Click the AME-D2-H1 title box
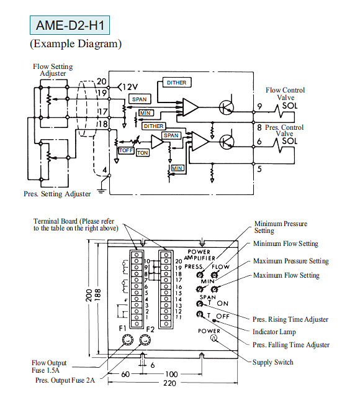tap(70, 25)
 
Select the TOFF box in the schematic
tap(126, 150)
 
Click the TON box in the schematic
tap(143, 153)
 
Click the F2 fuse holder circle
tap(145, 340)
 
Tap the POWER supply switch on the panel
tap(214, 337)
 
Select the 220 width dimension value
tap(169, 383)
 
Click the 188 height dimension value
tap(97, 295)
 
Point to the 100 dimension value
tap(171, 374)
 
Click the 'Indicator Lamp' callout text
tap(274, 332)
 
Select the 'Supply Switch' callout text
tap(272, 362)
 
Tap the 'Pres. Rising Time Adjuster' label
tap(290, 319)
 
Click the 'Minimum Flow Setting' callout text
tap(286, 243)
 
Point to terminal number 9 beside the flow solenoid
tap(259, 106)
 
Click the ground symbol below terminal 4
tap(101, 191)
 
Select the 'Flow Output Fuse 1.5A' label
tap(49, 366)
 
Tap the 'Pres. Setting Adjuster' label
tap(57, 194)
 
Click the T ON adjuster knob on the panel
tap(199, 304)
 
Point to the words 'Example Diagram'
tap(76, 43)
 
